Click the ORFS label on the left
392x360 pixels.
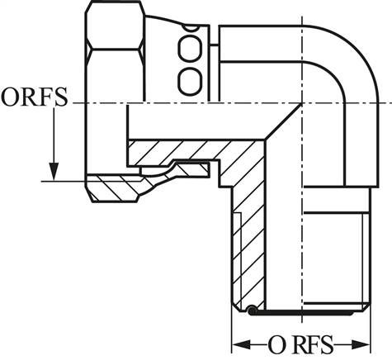[35, 97]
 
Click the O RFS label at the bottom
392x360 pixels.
[300, 344]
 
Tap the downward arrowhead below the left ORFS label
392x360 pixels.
[54, 171]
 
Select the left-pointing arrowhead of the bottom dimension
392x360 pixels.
[241, 344]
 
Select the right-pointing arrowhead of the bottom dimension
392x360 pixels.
[361, 344]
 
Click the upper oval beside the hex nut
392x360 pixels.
[190, 48]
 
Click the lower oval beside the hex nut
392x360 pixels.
[190, 81]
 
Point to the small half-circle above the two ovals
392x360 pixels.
[191, 28]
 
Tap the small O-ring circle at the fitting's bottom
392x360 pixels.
[252, 310]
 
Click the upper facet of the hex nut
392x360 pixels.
[115, 26]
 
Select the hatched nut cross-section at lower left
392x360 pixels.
[116, 188]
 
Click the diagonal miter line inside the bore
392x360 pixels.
[283, 122]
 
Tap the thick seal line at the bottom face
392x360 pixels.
[303, 313]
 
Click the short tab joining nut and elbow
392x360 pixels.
[215, 45]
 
